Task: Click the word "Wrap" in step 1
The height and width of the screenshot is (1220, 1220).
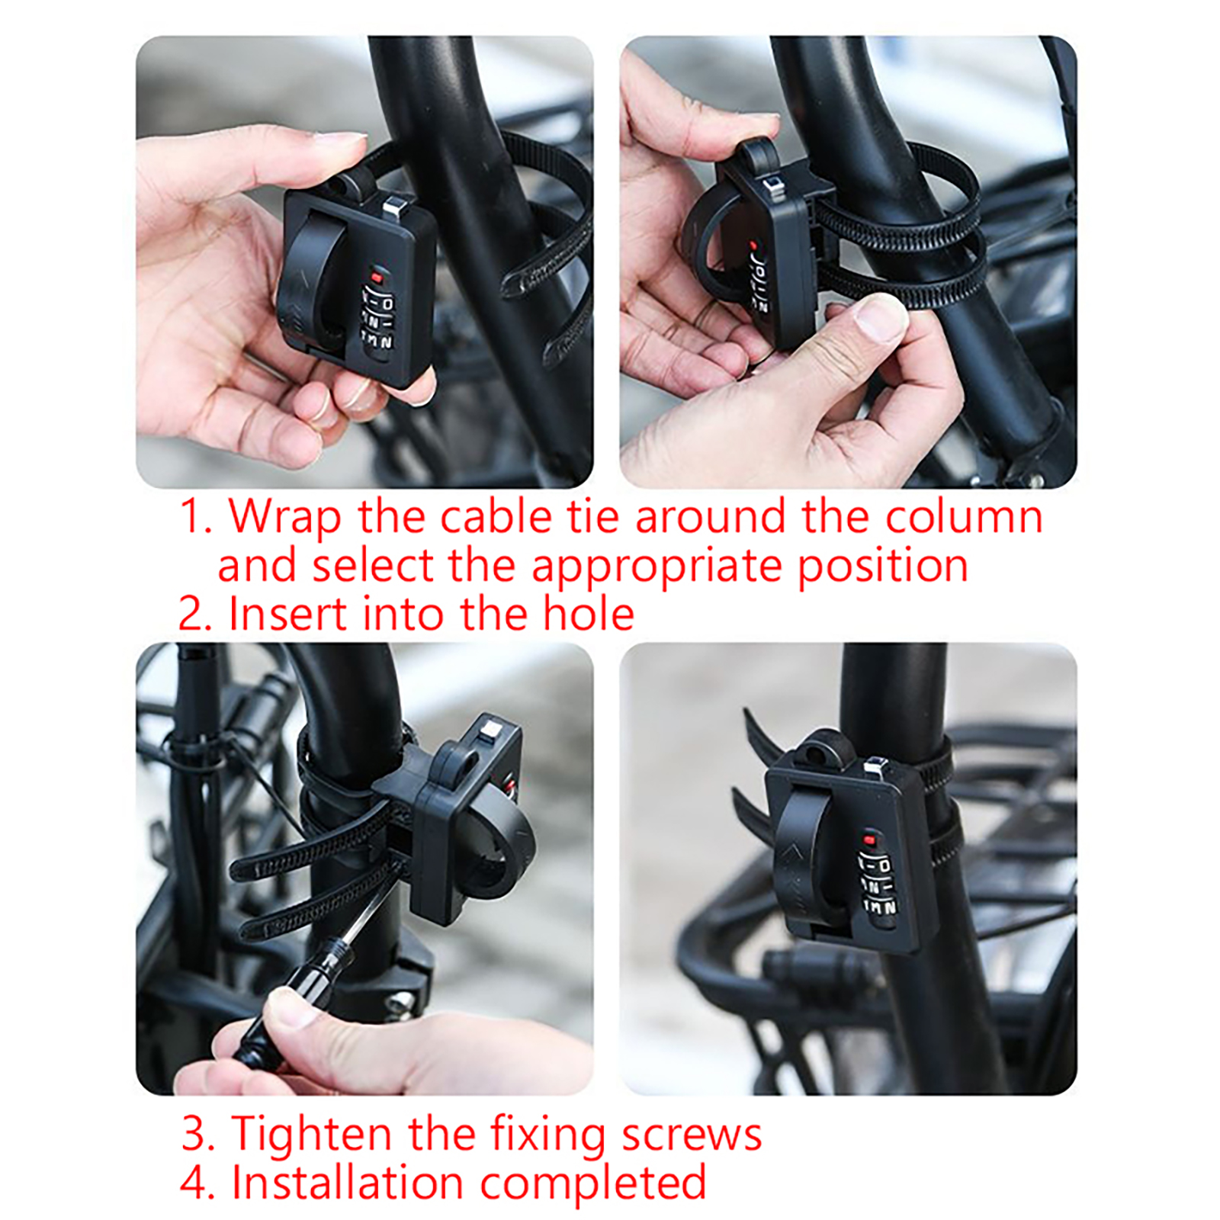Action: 284,518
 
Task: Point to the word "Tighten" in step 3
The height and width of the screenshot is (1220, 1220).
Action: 313,1134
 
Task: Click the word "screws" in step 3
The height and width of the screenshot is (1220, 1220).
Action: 691,1135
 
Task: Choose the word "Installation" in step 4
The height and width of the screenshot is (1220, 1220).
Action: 347,1183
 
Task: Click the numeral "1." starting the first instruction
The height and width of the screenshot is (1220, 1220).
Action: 196,517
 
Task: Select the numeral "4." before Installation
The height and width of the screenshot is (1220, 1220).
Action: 198,1183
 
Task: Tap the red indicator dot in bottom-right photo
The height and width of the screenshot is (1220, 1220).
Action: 870,840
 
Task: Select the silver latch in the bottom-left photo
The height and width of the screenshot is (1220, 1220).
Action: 488,734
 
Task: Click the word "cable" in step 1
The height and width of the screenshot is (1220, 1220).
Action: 495,517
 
